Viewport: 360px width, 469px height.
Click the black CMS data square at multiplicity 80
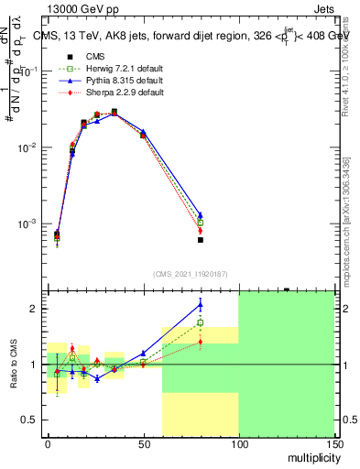tap(201, 240)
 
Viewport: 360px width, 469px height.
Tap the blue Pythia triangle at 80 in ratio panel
tap(201, 304)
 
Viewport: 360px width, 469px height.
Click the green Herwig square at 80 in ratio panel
tap(201, 323)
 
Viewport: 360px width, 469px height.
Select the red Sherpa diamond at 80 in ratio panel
tap(201, 342)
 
